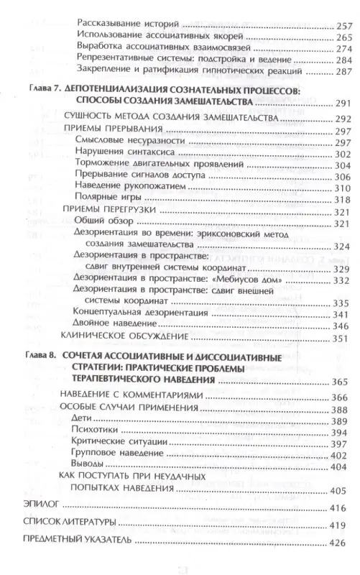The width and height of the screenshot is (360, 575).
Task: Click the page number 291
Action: click(343, 103)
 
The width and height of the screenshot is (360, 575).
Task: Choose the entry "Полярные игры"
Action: click(105, 200)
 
